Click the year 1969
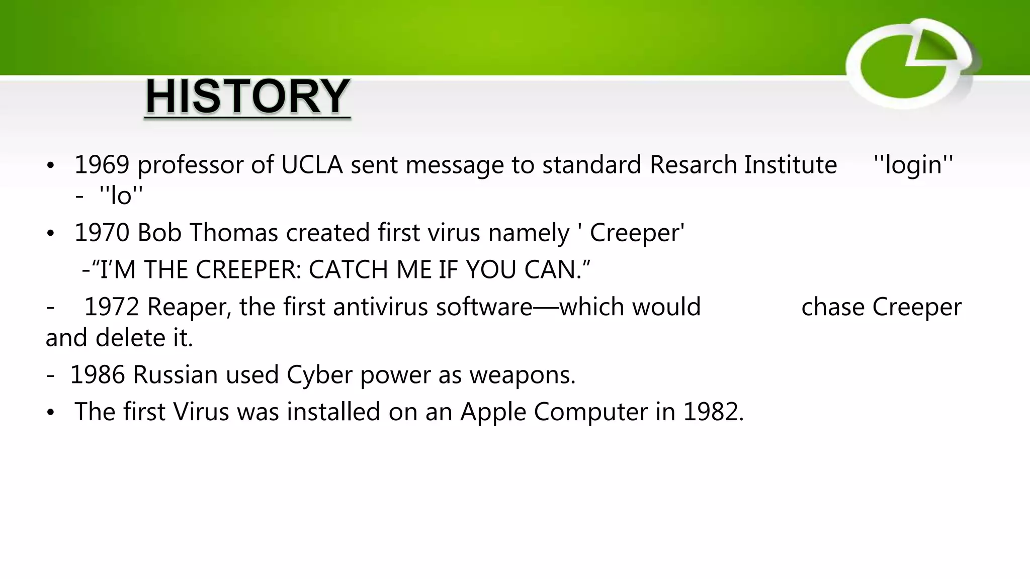102,165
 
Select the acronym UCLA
311,165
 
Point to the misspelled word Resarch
693,165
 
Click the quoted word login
913,165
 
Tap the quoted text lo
121,196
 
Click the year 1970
102,233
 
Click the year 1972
112,307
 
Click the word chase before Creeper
832,307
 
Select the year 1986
98,375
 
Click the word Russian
175,375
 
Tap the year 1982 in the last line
713,412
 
